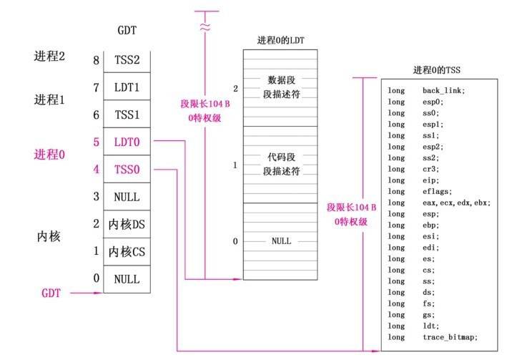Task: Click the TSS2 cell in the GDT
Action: pos(127,61)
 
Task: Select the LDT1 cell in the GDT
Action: pos(127,88)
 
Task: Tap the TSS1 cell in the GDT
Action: pos(127,115)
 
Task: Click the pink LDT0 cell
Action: pos(127,142)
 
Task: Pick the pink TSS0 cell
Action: pos(127,170)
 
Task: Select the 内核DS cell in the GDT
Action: pos(127,225)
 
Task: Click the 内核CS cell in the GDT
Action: pos(127,252)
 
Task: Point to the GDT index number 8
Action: pos(95,61)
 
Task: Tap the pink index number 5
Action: pos(95,142)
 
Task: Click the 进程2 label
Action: pos(49,56)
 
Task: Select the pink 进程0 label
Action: pos(49,154)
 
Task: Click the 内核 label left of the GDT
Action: pos(49,236)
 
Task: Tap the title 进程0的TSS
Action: pos(436,70)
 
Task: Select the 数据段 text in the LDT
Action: pos(281,79)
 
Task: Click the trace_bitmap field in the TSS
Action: pos(444,337)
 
